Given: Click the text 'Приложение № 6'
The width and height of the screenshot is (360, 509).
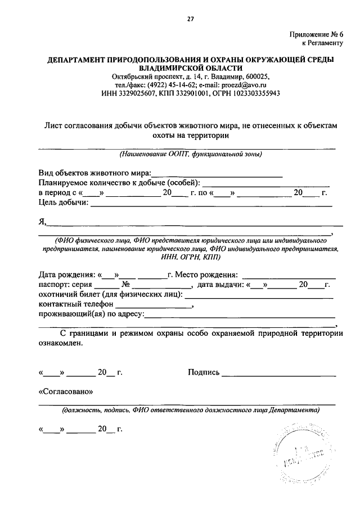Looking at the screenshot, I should tap(316, 34).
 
